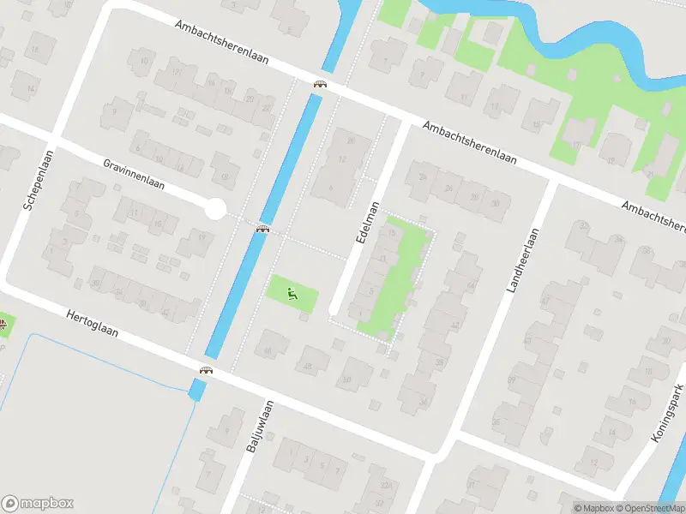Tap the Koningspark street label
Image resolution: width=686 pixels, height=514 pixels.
tap(670, 414)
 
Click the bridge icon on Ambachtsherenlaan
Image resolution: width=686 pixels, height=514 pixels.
tap(321, 84)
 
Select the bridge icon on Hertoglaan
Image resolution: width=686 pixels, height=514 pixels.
tap(207, 371)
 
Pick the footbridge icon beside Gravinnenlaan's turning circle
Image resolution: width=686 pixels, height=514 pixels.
tap(263, 229)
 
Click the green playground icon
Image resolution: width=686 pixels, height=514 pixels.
tap(293, 295)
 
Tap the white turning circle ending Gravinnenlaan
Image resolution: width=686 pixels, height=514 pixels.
tap(215, 208)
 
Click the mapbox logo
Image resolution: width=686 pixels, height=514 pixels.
tap(38, 504)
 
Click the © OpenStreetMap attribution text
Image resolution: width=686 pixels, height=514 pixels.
tap(649, 508)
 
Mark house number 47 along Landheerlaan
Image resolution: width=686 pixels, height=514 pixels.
tap(545, 301)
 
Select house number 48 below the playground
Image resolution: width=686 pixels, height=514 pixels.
tap(308, 368)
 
